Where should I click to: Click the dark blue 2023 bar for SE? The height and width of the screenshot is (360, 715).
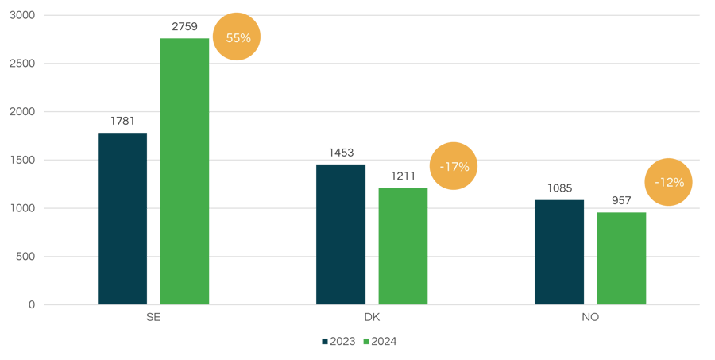point(122,219)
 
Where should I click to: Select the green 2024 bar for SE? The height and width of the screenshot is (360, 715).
point(184,172)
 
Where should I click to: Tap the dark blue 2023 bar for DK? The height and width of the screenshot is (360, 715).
point(341,234)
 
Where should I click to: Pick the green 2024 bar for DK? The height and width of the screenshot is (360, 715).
point(403,246)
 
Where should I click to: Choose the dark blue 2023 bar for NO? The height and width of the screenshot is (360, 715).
point(558,252)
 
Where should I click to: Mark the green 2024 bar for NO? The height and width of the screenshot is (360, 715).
point(621,258)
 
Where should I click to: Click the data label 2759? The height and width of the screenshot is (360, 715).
point(185,27)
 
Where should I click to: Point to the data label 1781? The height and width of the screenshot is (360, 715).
point(122,122)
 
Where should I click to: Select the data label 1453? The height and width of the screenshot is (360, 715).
point(341,153)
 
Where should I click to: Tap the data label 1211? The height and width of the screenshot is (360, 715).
point(403,176)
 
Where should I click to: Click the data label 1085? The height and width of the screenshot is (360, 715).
point(558,188)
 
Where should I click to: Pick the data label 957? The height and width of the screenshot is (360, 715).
point(621,201)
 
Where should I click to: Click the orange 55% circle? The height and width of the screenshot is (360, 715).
point(237,37)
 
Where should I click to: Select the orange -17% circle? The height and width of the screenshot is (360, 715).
point(454,167)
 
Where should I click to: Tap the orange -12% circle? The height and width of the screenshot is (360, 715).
point(668,182)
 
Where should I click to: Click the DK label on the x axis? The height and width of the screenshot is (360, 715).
point(371,317)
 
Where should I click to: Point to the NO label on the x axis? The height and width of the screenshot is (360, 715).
point(589,317)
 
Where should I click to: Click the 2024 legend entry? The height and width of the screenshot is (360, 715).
point(380,342)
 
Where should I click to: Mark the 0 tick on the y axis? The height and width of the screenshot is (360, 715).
point(32,304)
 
